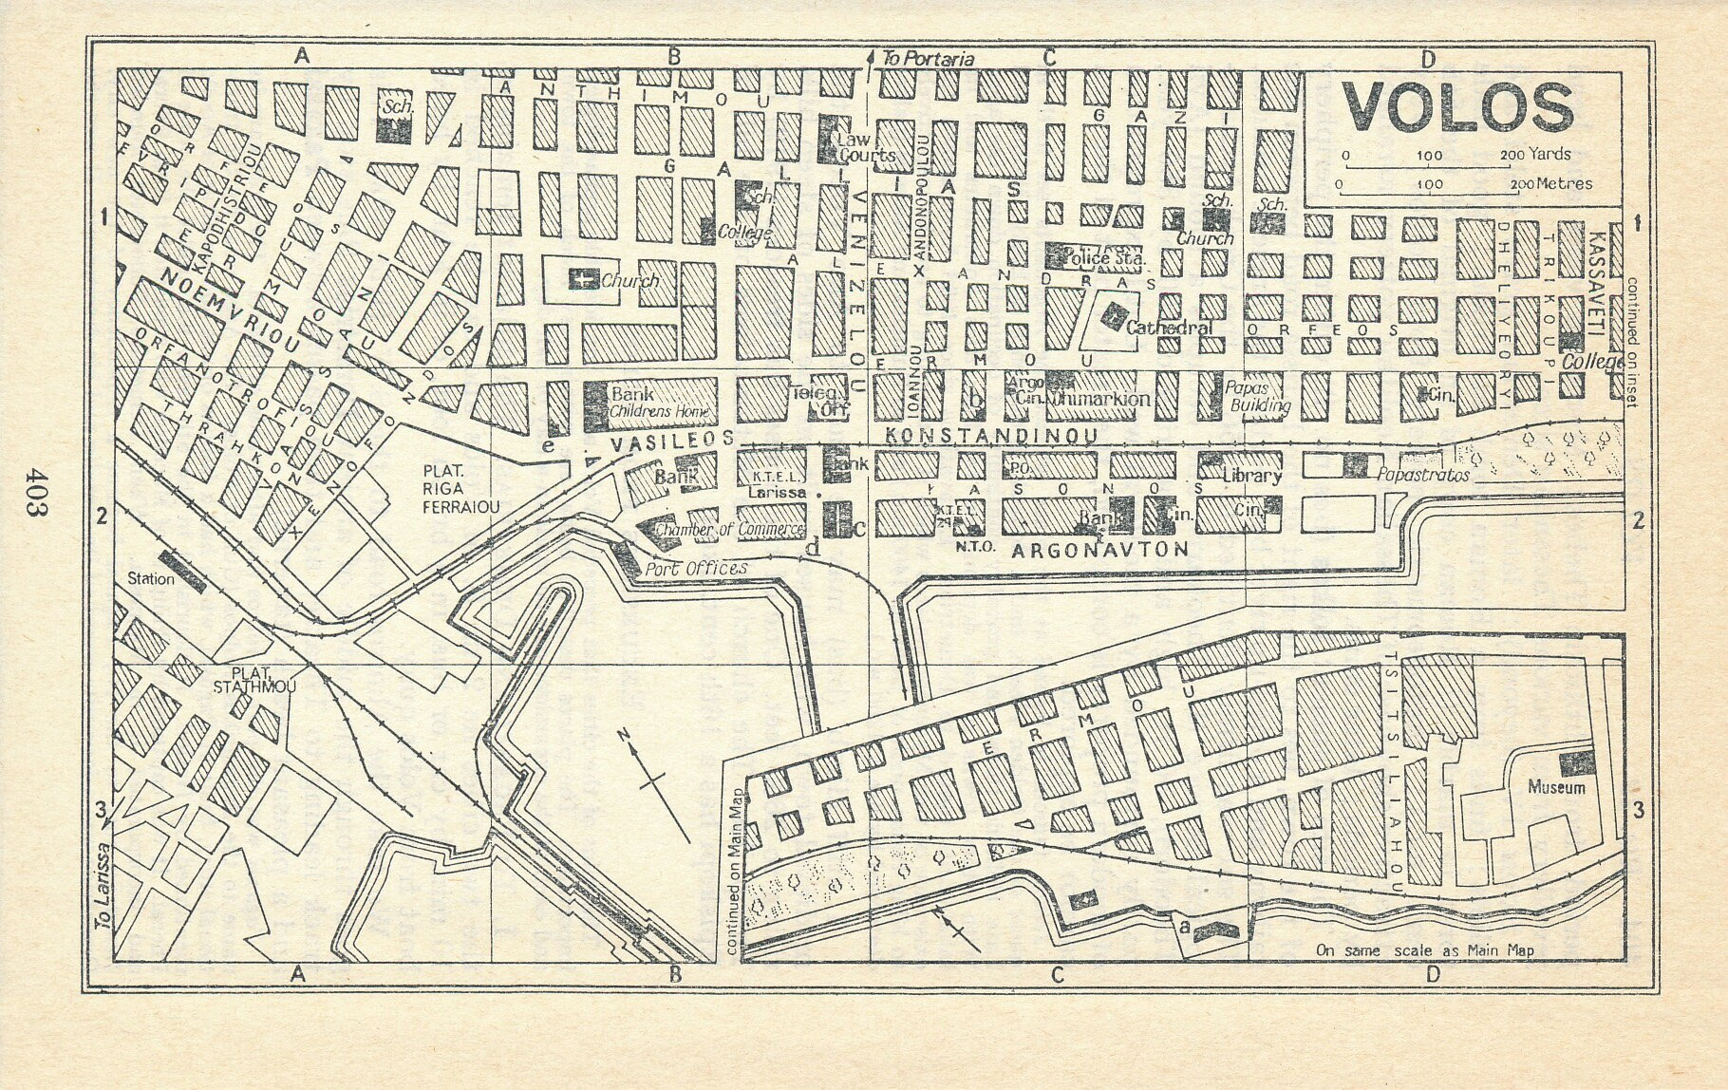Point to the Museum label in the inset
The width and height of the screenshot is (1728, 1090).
pos(1555,788)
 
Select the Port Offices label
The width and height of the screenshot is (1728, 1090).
pos(696,569)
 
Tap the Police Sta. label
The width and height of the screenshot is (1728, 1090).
pos(1106,258)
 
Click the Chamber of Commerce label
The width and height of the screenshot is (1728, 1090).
pos(729,530)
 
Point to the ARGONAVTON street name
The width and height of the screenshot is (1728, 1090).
pos(1100,549)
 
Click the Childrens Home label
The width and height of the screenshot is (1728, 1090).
pos(654,412)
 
